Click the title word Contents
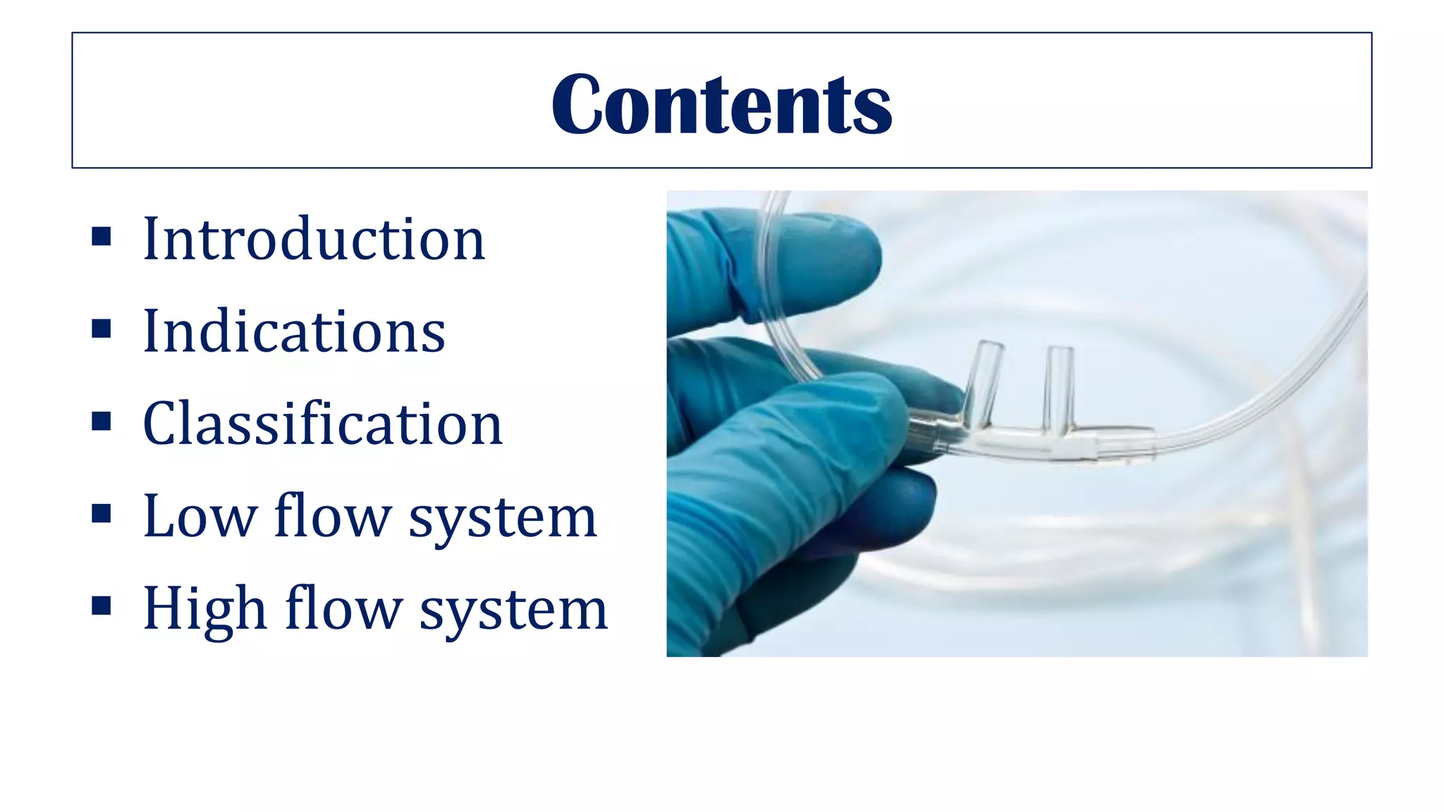coord(721,104)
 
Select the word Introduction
coord(314,240)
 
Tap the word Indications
coord(294,331)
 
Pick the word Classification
coord(322,424)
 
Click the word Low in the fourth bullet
coord(200,517)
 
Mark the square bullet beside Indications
coord(102,328)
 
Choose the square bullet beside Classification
coord(102,421)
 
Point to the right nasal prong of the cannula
coord(1058,388)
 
